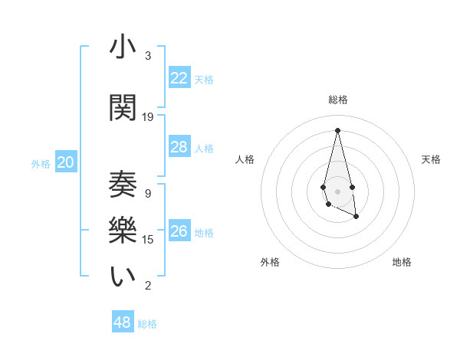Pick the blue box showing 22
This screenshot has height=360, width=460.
[x=179, y=78]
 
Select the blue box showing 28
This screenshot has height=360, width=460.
[x=179, y=147]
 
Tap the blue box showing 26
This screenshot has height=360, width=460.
[x=179, y=231]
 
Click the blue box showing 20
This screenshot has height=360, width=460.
[x=66, y=162]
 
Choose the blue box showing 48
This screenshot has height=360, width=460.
[x=123, y=322]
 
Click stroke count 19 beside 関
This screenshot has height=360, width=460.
[x=148, y=117]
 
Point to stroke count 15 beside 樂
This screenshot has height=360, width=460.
[x=148, y=240]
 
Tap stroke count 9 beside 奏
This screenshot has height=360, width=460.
[x=148, y=194]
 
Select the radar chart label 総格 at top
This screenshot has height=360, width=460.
[x=338, y=100]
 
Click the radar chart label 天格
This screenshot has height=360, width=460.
[x=431, y=159]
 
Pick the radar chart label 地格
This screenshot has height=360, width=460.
[x=402, y=262]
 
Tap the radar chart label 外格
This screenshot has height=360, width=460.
[x=270, y=262]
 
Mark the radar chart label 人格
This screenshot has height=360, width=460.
[x=245, y=159]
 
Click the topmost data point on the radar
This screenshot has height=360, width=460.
[x=337, y=130]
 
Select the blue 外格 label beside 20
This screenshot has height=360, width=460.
[x=41, y=163]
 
